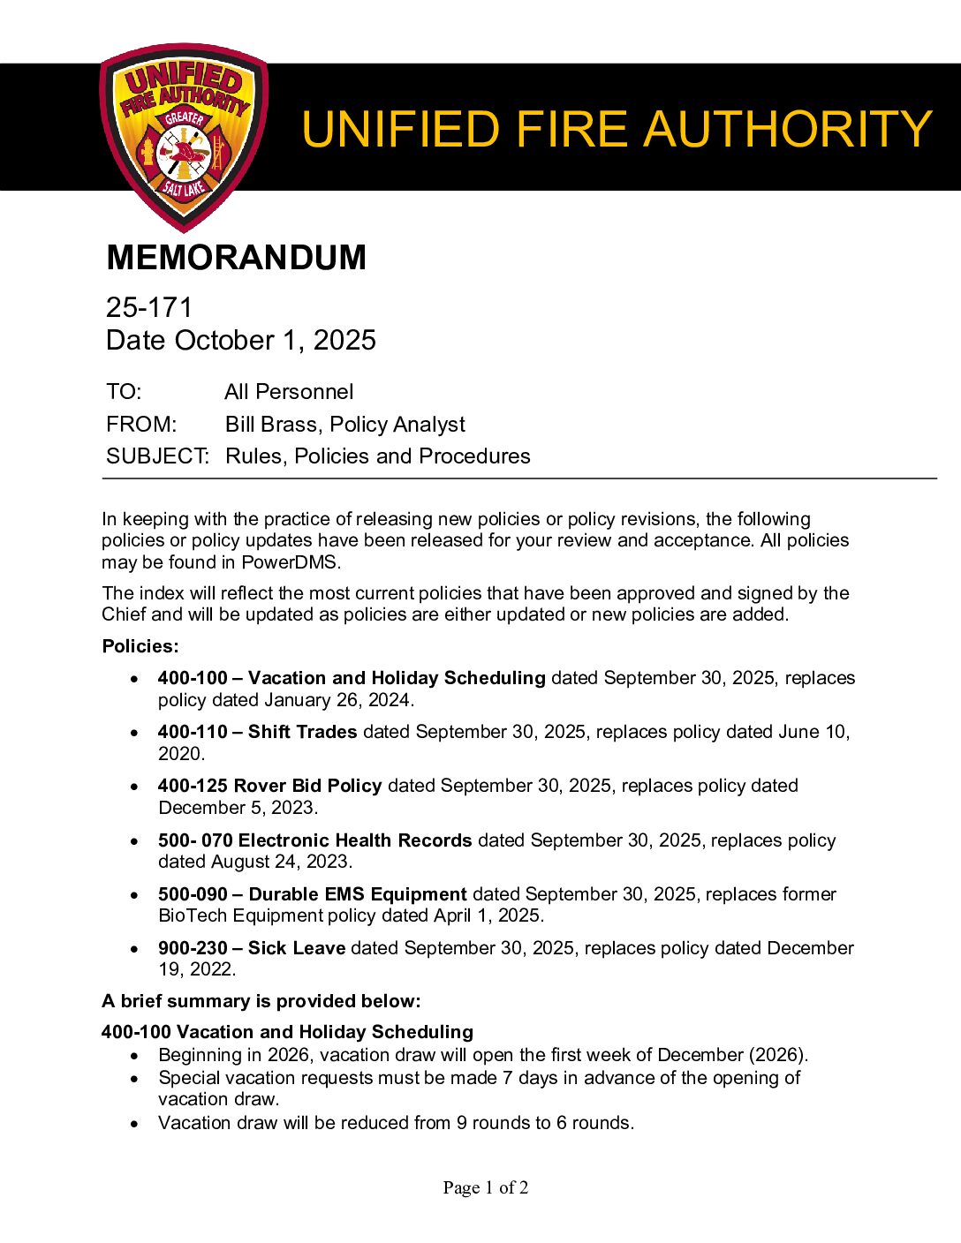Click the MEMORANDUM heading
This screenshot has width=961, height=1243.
[236, 258]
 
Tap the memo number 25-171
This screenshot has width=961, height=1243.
[148, 307]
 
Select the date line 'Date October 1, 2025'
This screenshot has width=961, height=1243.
[240, 340]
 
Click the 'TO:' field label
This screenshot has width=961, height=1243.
[124, 392]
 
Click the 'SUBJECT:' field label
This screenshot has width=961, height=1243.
[157, 456]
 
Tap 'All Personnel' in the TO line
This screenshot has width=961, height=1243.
[289, 392]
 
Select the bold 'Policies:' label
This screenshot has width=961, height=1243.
[140, 646]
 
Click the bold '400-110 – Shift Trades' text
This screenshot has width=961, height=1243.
[257, 732]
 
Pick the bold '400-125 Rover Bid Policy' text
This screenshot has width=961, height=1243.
[269, 786]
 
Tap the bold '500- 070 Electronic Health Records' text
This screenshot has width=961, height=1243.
[314, 840]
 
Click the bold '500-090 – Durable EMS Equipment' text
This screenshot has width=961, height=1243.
[312, 894]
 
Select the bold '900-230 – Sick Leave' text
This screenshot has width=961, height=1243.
[251, 948]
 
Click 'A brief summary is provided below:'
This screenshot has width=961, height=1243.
[261, 1001]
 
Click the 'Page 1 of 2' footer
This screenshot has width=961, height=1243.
[486, 1187]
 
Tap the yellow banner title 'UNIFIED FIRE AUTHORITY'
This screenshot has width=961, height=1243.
[617, 129]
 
